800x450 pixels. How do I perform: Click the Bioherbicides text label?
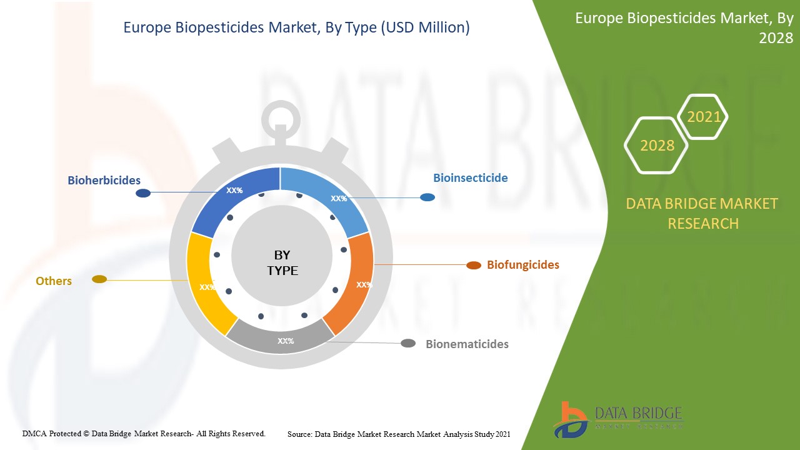[x=104, y=180]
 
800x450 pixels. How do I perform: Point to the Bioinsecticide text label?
[x=471, y=177]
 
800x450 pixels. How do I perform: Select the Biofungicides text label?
[x=523, y=264]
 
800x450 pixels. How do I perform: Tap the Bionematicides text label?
[x=467, y=344]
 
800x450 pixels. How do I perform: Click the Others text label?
[x=54, y=281]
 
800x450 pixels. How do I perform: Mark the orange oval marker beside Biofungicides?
[x=474, y=265]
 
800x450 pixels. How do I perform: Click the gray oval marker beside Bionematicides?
[x=408, y=343]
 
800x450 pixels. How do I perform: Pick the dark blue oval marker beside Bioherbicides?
[x=143, y=193]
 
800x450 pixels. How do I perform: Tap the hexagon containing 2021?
[x=703, y=116]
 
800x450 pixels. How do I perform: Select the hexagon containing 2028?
[x=657, y=146]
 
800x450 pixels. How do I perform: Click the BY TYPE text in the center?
[x=282, y=262]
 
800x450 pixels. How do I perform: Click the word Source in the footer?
[x=299, y=434]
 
